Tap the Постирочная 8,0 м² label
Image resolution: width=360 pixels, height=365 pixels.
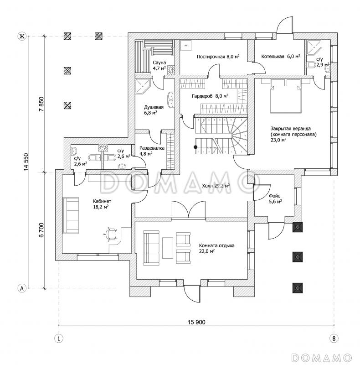pos(218,57)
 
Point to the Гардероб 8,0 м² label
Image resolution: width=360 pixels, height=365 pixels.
pos(210,96)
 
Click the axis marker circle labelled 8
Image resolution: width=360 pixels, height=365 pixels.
pos(335,339)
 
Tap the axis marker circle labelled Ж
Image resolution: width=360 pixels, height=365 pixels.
pos(21,36)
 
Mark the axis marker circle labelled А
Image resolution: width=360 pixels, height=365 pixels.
pos(21,288)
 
